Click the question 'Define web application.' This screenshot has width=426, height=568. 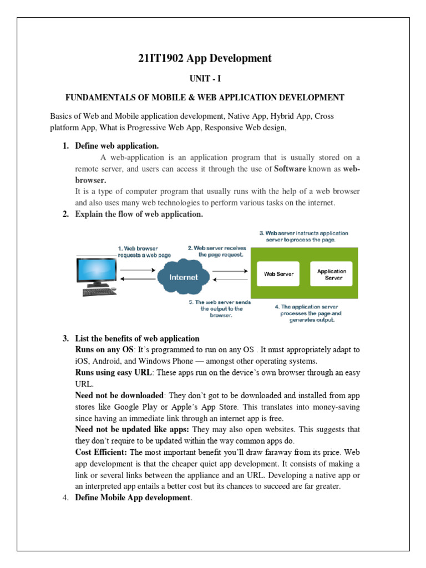coord(116,146)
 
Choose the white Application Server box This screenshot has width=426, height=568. coord(331,274)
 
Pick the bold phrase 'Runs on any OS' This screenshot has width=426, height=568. coord(104,349)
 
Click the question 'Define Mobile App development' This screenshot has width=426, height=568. coord(133,498)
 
